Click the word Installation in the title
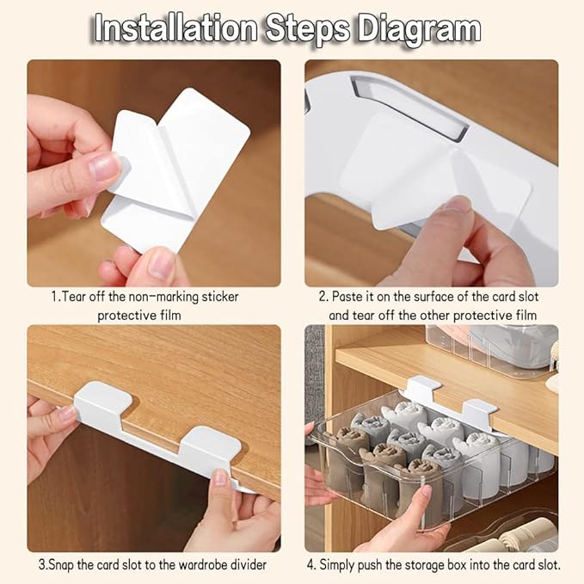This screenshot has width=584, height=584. (x=175, y=28)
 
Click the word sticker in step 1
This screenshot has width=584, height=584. (x=219, y=297)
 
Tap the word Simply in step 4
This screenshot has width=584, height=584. (x=336, y=564)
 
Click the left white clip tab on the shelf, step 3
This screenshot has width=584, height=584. (x=102, y=401)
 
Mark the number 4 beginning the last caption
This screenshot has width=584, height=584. (x=310, y=564)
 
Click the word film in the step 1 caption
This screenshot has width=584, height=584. (x=169, y=316)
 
